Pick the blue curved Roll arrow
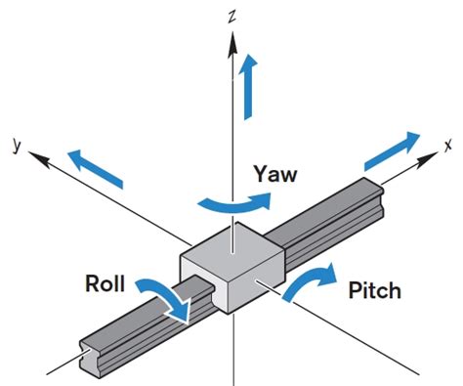(x=165, y=296)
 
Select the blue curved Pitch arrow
(x=310, y=282)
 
